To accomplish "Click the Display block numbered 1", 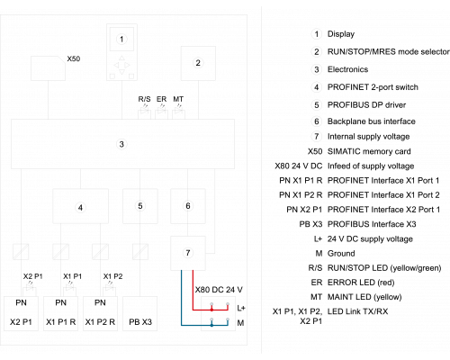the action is (121, 52).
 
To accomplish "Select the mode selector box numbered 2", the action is (198, 63).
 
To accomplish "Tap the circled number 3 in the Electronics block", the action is (121, 144).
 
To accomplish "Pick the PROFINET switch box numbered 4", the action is (80, 206).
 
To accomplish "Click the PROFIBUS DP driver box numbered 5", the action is (140, 206).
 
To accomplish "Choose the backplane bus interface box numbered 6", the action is (188, 206).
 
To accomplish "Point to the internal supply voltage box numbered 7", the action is (188, 253).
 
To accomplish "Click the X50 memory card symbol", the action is (48, 68).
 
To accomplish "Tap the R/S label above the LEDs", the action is (144, 99).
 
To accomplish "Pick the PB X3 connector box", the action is (140, 313).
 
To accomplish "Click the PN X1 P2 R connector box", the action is (100, 313).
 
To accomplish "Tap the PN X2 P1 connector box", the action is (21, 313).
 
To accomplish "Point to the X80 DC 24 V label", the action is (219, 290).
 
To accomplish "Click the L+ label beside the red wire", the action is (241, 308).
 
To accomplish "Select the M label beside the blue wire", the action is (240, 323).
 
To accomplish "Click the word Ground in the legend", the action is (341, 254).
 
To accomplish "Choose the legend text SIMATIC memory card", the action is (369, 151).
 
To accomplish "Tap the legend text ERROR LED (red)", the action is (361, 283).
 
